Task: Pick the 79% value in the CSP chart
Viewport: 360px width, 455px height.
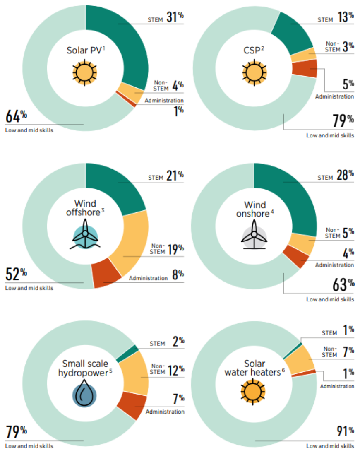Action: (344, 121)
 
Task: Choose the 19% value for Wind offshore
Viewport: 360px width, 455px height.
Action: (175, 250)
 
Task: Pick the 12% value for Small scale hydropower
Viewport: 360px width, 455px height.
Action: (175, 370)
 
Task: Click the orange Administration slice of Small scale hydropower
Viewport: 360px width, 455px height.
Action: (132, 404)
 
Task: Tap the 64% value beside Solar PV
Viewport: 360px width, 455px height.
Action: (16, 116)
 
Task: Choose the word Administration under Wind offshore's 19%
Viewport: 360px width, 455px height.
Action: (148, 278)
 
